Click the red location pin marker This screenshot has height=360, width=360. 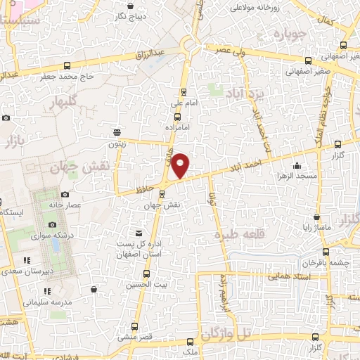181,165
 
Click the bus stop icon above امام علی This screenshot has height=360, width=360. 184,91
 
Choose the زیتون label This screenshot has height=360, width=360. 117,143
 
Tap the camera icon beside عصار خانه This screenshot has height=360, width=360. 65,194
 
